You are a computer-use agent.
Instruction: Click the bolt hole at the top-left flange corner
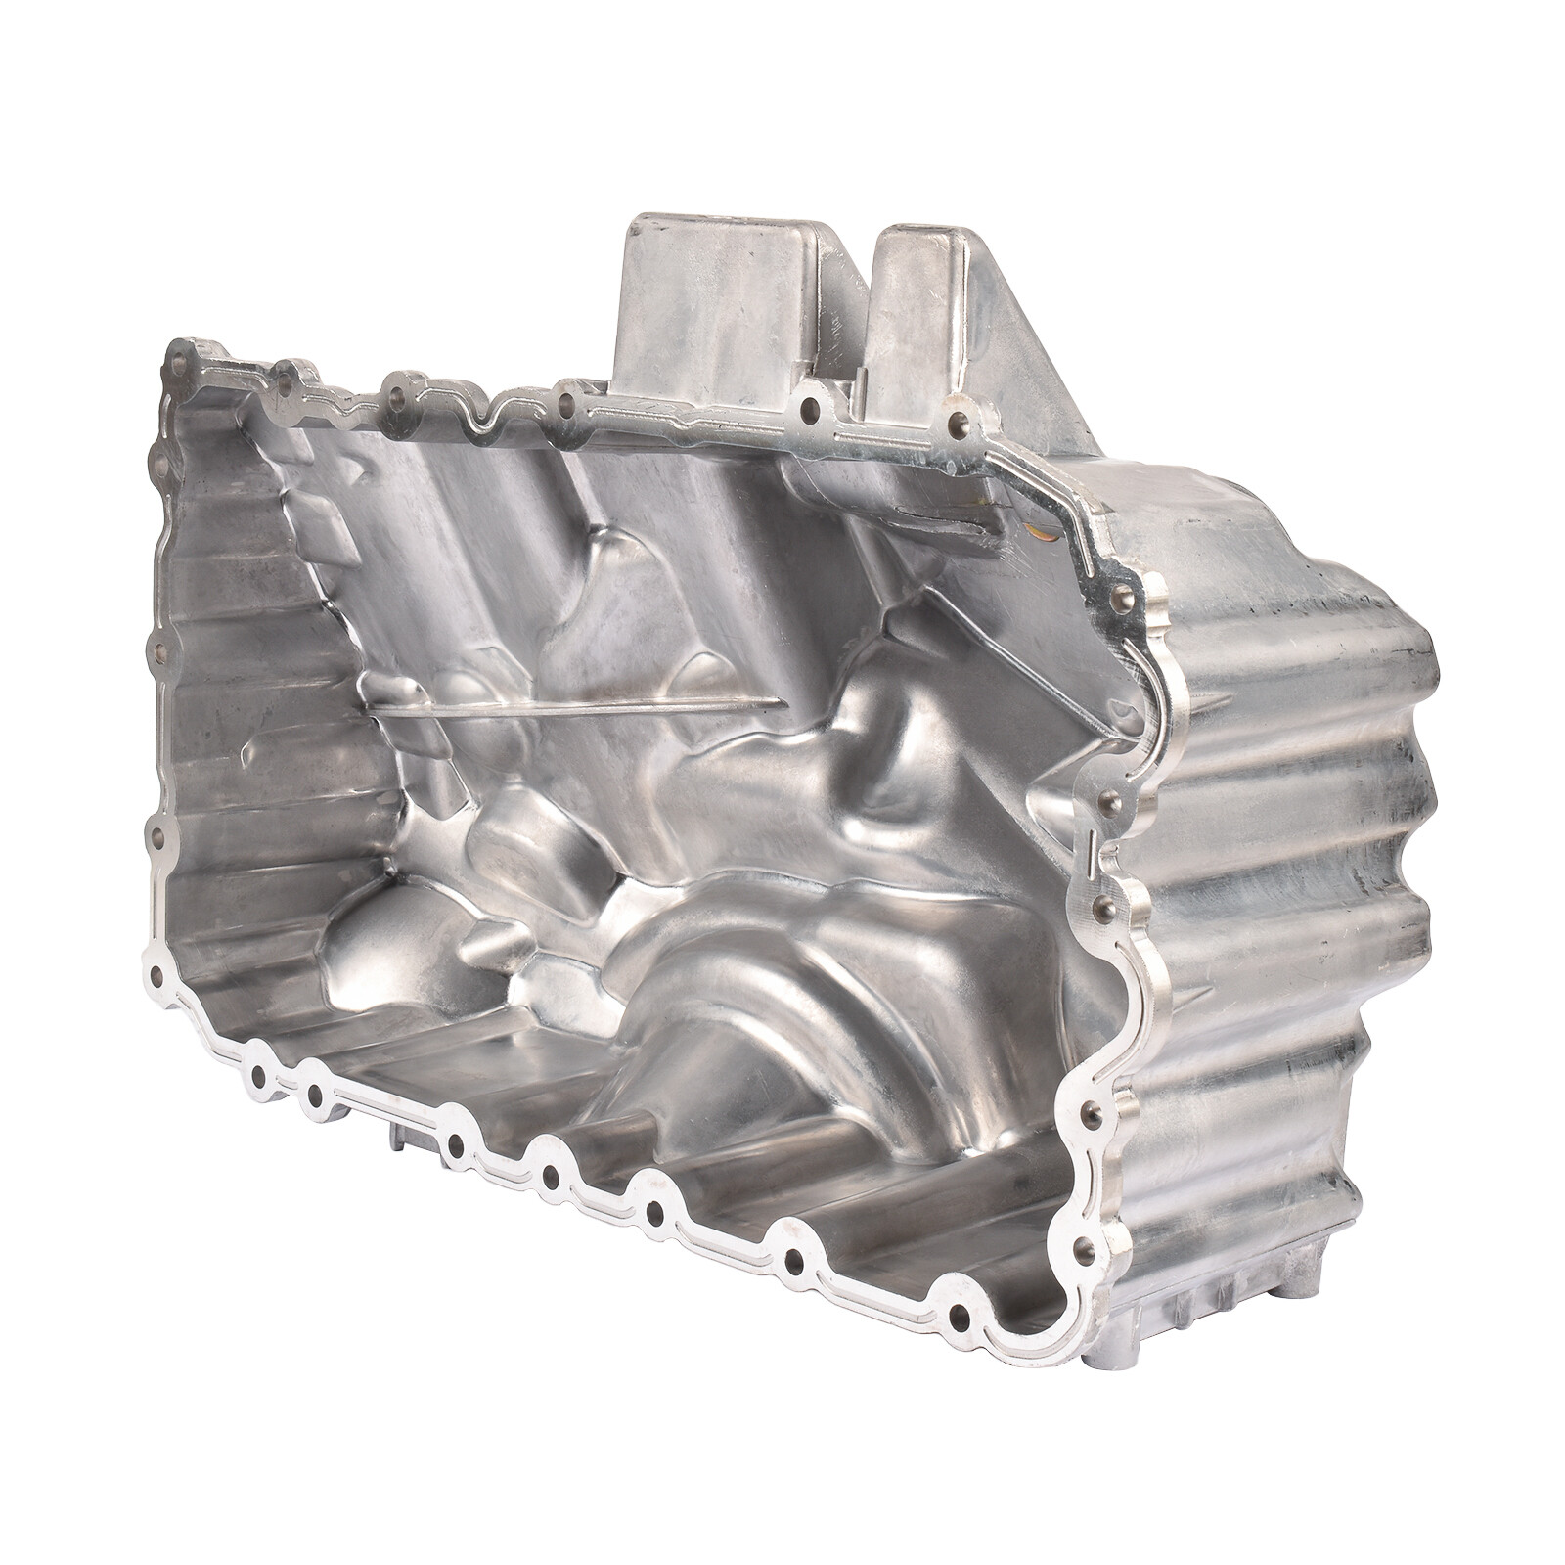[x=181, y=358]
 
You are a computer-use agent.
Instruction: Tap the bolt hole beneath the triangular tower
[x=957, y=422]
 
